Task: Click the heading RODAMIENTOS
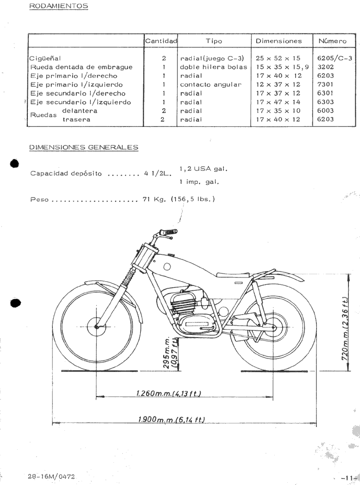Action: click(58, 6)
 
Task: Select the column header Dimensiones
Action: click(282, 41)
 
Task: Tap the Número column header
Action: click(332, 41)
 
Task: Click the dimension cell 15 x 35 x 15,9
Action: click(282, 67)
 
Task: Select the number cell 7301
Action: click(325, 84)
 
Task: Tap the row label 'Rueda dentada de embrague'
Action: click(81, 67)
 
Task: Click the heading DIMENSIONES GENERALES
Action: click(83, 147)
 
